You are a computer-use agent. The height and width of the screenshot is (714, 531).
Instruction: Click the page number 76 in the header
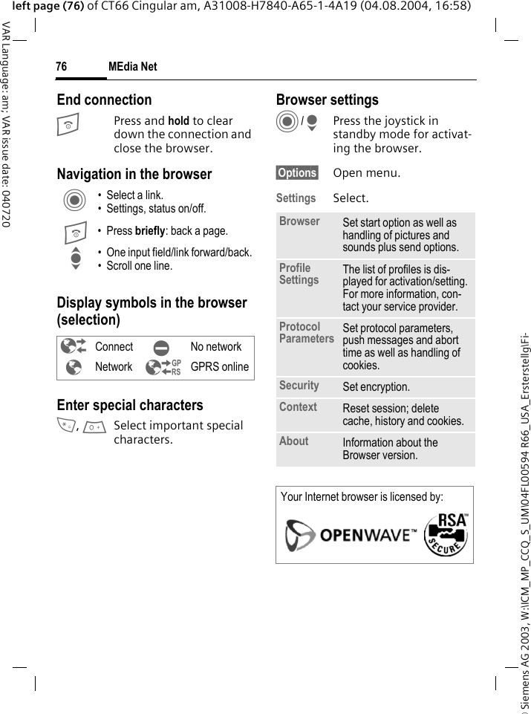tap(61, 67)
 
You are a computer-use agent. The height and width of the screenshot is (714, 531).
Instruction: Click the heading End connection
tap(104, 100)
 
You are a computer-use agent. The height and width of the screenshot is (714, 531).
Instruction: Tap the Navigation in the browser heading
tap(134, 174)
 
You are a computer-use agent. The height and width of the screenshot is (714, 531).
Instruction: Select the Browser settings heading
tap(327, 100)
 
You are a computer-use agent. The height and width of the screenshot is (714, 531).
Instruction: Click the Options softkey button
tap(297, 173)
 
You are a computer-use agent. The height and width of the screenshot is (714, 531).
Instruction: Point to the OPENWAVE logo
tap(350, 535)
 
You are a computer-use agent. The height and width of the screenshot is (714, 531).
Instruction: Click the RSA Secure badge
tap(446, 533)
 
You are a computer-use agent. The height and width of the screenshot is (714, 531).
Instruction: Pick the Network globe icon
tap(74, 367)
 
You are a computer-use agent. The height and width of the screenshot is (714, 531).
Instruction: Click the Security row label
tap(299, 386)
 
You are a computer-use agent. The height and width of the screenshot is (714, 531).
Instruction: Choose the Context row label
tap(298, 407)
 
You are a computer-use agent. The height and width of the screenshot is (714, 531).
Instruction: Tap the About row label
tap(293, 441)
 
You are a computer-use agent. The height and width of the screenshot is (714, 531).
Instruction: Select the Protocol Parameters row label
tap(306, 333)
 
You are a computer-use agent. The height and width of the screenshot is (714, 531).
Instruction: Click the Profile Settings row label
tap(299, 274)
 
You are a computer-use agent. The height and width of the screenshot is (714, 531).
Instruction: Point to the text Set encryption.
tap(376, 387)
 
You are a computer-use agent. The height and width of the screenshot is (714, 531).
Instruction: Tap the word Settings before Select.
tap(296, 198)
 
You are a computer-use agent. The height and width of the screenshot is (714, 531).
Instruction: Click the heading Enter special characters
tap(130, 405)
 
